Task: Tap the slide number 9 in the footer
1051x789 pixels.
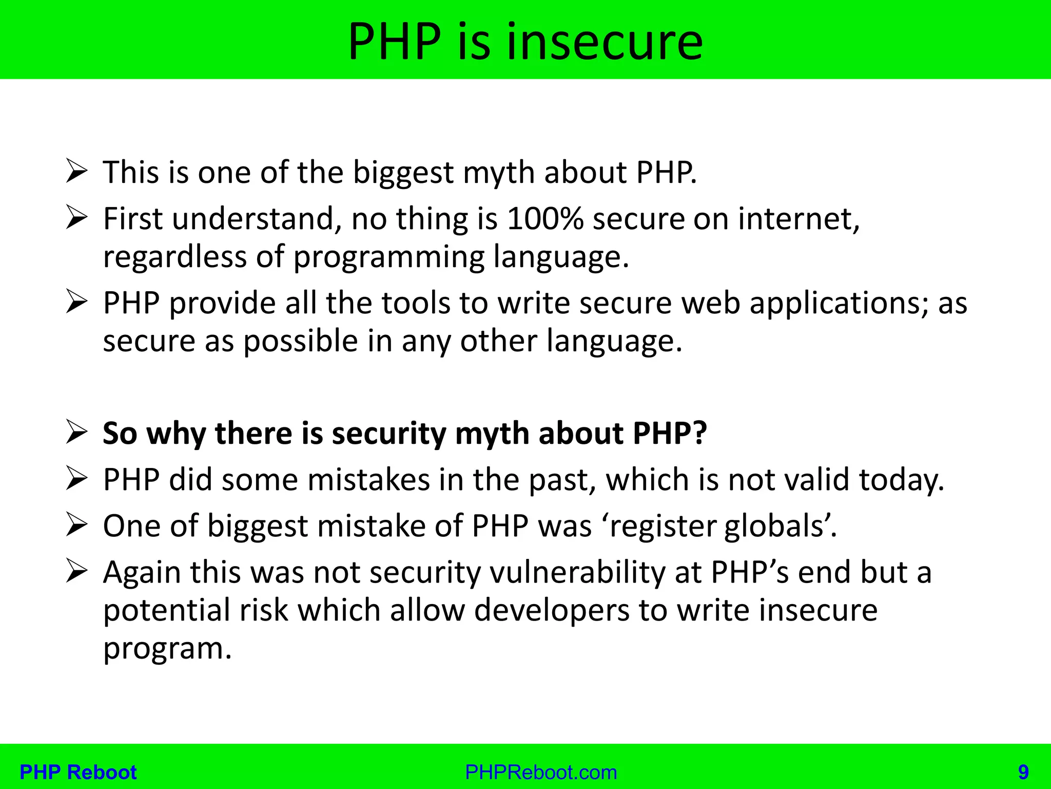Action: [x=1023, y=772]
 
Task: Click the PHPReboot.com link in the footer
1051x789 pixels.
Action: [x=541, y=772]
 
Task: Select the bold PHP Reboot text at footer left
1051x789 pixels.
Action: [x=78, y=772]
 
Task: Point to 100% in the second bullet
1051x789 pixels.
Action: [x=545, y=219]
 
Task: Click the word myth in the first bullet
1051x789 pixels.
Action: [x=498, y=173]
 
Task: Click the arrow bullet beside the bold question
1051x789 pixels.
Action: [x=77, y=433]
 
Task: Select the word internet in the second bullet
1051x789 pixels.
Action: [x=799, y=219]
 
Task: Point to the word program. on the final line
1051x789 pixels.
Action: [x=167, y=649]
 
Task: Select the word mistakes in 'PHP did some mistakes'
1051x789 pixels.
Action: [x=368, y=480]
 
